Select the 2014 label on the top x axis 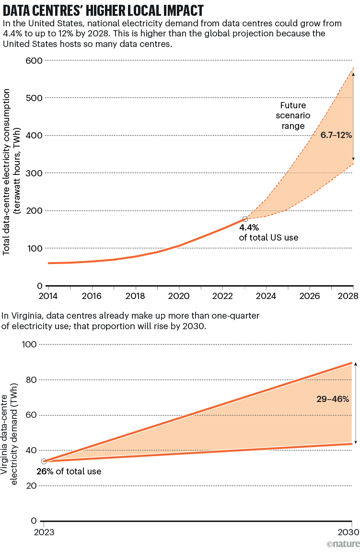click(x=48, y=296)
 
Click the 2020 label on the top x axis click(x=179, y=296)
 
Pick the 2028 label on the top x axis click(x=348, y=296)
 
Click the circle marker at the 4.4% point click(x=245, y=219)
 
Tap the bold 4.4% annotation click(x=249, y=228)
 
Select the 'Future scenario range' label click(x=293, y=116)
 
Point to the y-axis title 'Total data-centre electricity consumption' click(x=8, y=172)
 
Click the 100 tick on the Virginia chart click(x=30, y=344)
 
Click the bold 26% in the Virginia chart click(x=45, y=471)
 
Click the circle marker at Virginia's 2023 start click(x=44, y=461)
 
